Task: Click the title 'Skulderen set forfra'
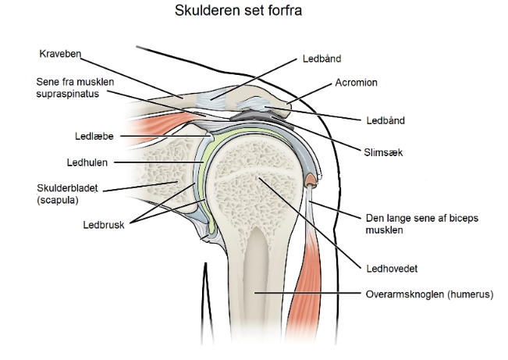(x=254, y=13)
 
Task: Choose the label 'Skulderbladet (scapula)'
(x=62, y=194)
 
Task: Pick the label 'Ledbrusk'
(x=103, y=223)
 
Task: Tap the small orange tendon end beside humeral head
(x=311, y=182)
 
